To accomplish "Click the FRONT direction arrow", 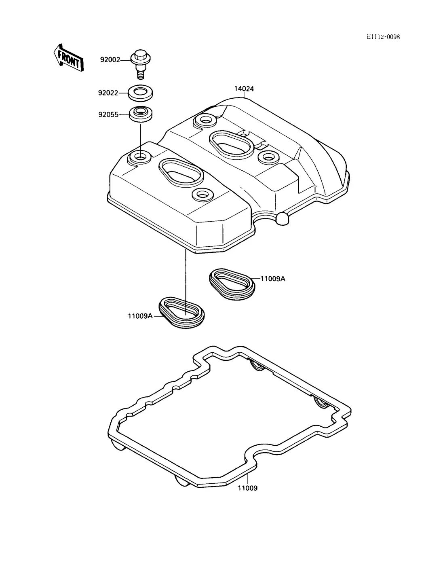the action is (x=68, y=58).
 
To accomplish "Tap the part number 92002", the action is (x=110, y=60).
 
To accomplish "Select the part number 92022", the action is (x=108, y=93).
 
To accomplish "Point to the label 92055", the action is (x=108, y=115).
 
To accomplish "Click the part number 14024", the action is (x=244, y=89).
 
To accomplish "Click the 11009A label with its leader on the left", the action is (x=140, y=316).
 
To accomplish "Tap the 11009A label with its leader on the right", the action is (x=273, y=279).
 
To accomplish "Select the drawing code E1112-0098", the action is (x=383, y=37).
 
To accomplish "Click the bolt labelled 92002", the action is (x=140, y=64).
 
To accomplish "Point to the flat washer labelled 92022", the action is (x=140, y=93).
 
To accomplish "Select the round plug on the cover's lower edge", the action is (x=283, y=218).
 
